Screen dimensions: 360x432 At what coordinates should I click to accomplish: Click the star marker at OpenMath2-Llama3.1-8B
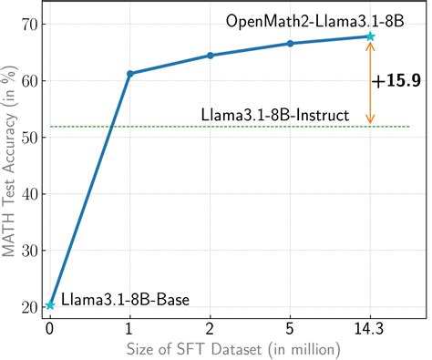pos(370,36)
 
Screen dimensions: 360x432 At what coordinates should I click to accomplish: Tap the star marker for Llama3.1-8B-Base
pos(50,305)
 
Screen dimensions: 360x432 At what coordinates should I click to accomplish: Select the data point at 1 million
pos(130,73)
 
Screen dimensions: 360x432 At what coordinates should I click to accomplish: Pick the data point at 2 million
pos(211,56)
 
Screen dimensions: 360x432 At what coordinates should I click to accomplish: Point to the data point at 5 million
pos(290,44)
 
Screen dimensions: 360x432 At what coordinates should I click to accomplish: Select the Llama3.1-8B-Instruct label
pos(274,115)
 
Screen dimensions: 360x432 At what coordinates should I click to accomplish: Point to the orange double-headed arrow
pos(370,82)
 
